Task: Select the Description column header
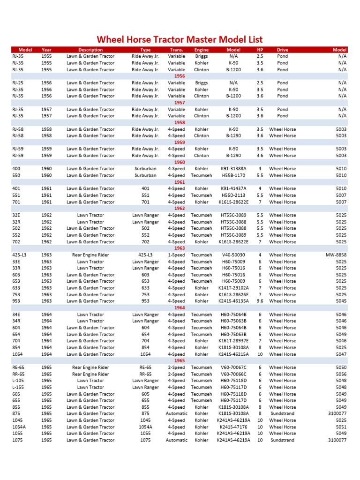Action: pyautogui.click(x=90, y=50)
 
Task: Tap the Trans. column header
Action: pyautogui.click(x=176, y=50)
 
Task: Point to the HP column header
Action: pyautogui.click(x=260, y=50)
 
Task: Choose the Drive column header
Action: pyautogui.click(x=282, y=50)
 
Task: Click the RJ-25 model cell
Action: pyautogui.click(x=18, y=83)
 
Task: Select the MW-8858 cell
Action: pyautogui.click(x=336, y=255)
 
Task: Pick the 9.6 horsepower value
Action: pyautogui.click(x=260, y=301)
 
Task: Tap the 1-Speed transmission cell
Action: pyautogui.click(x=176, y=255)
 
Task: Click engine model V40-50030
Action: pyautogui.click(x=233, y=255)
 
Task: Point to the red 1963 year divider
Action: pyautogui.click(x=180, y=248)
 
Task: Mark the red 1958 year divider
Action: pyautogui.click(x=180, y=122)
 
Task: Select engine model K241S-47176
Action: pyautogui.click(x=233, y=427)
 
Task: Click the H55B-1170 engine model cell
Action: pyautogui.click(x=233, y=175)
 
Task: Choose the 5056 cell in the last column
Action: pyautogui.click(x=341, y=374)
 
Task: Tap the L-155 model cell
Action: pyautogui.click(x=18, y=387)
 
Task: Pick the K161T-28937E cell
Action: pyautogui.click(x=233, y=341)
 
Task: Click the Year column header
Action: pyautogui.click(x=46, y=50)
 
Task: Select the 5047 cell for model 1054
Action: pyautogui.click(x=341, y=354)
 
